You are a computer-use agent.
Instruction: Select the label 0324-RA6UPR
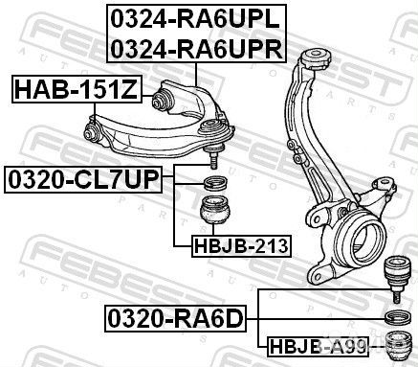[195, 48]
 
